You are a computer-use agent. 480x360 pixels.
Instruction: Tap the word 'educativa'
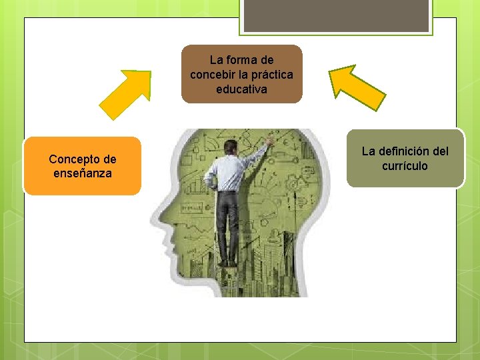click(241, 89)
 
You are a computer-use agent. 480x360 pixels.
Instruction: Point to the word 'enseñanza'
click(83, 173)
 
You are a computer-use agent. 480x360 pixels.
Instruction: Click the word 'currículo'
click(405, 165)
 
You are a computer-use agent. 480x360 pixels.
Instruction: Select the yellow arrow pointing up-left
click(357, 87)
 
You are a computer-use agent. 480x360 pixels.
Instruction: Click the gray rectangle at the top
click(335, 15)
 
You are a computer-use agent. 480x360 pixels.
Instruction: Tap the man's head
click(230, 147)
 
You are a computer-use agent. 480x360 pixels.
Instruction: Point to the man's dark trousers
click(228, 223)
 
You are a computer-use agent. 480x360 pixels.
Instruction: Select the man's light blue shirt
click(227, 171)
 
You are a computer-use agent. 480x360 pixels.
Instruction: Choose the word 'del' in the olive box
click(441, 151)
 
